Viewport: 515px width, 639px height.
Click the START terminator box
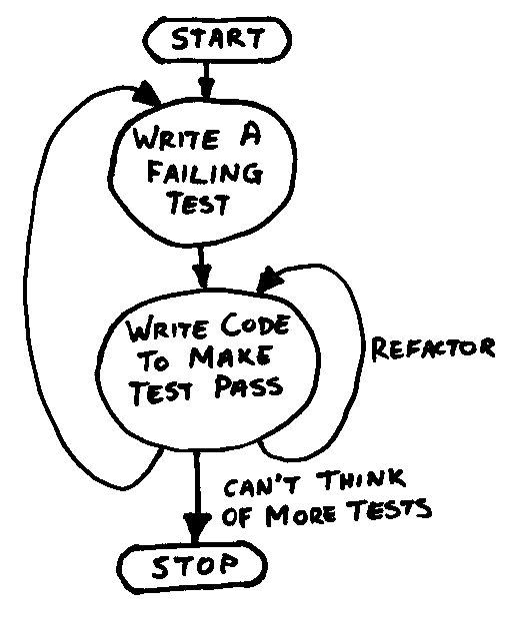[219, 40]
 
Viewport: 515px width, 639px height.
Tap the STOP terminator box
[193, 567]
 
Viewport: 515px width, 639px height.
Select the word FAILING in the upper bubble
[204, 173]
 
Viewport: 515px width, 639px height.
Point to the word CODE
[255, 326]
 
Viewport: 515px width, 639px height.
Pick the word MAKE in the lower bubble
[229, 357]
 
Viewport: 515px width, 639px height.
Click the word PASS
[248, 386]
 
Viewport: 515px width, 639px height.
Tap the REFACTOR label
[433, 348]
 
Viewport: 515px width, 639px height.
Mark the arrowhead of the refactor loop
[269, 280]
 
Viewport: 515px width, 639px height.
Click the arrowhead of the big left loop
[146, 95]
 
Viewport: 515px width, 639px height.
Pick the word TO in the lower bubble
[154, 361]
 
